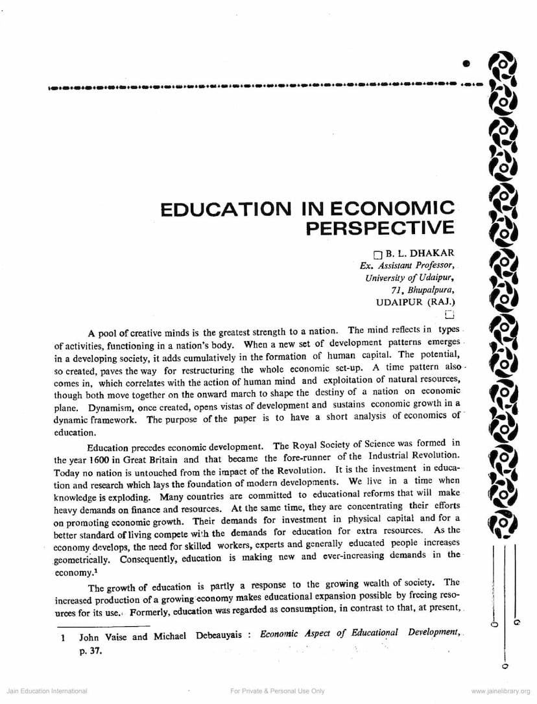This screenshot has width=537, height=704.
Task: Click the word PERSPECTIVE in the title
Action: pyautogui.click(x=380, y=228)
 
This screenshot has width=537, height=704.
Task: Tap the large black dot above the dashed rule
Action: pyautogui.click(x=466, y=64)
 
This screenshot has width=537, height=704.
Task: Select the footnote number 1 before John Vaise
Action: pyautogui.click(x=63, y=637)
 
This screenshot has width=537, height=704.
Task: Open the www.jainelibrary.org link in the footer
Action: pyautogui.click(x=501, y=691)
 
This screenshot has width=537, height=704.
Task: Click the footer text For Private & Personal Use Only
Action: pyautogui.click(x=277, y=691)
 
